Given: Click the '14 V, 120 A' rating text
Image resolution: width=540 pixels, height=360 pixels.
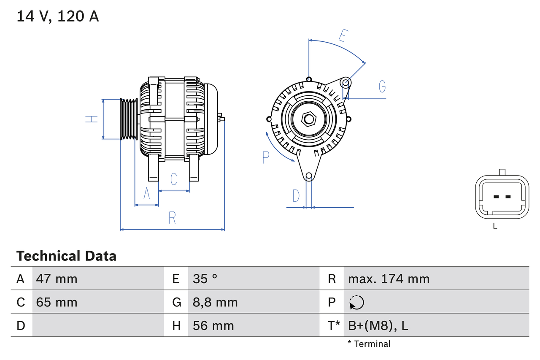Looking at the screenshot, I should pyautogui.click(x=57, y=16).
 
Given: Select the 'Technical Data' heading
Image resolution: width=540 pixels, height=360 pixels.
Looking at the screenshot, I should pyautogui.click(x=66, y=256).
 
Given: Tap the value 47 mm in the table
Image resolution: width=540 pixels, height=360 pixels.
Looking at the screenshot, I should pyautogui.click(x=57, y=279).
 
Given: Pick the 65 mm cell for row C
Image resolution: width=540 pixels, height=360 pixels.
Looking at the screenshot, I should pyautogui.click(x=57, y=302).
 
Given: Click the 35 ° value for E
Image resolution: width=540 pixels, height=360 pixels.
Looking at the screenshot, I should pyautogui.click(x=205, y=279).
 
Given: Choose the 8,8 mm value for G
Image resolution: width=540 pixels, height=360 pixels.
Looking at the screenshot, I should pyautogui.click(x=215, y=302).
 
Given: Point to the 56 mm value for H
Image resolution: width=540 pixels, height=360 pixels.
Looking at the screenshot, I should pyautogui.click(x=213, y=325).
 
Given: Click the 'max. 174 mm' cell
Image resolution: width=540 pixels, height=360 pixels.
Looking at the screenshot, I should pyautogui.click(x=389, y=279).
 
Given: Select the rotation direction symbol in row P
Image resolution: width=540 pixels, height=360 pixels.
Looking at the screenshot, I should pyautogui.click(x=356, y=302).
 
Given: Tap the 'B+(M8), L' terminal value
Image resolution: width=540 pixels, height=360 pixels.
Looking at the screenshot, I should pyautogui.click(x=378, y=325).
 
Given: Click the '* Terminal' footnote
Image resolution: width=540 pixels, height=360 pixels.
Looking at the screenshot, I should pyautogui.click(x=369, y=344).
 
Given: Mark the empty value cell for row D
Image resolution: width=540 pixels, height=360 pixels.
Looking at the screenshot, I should pyautogui.click(x=97, y=325).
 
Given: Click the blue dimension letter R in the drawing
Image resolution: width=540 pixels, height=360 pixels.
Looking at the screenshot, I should pyautogui.click(x=172, y=218).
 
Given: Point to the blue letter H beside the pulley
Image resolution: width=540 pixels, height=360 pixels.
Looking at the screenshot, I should pyautogui.click(x=92, y=119).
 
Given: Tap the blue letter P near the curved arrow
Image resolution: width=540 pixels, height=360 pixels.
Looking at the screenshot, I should pyautogui.click(x=265, y=157).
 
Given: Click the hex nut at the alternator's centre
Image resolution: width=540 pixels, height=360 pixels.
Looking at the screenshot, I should pyautogui.click(x=309, y=119).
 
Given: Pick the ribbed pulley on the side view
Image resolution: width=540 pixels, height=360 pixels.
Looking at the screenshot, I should pyautogui.click(x=129, y=119).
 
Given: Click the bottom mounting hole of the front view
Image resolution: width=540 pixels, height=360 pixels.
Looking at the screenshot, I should pyautogui.click(x=309, y=176).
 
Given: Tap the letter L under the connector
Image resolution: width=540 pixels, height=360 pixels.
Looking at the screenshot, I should pyautogui.click(x=495, y=226).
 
